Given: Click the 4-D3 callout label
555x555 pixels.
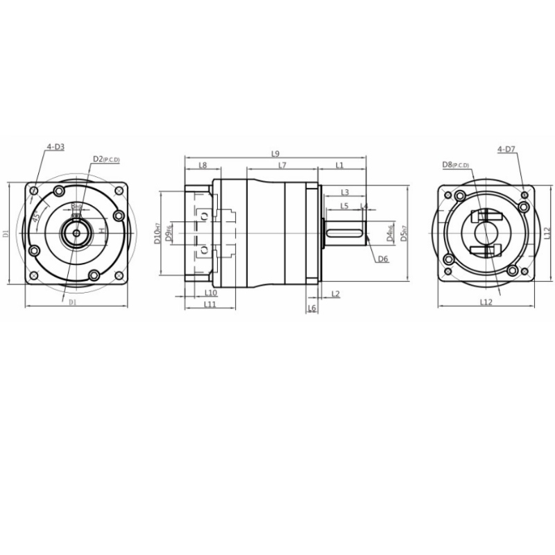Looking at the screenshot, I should pyautogui.click(x=55, y=147).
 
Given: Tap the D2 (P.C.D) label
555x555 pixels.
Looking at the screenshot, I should pyautogui.click(x=106, y=160).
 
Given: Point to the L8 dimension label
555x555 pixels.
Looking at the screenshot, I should pyautogui.click(x=203, y=165).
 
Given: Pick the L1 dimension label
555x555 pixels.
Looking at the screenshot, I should pyautogui.click(x=339, y=165).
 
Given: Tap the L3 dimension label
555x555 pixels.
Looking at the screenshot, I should pyautogui.click(x=344, y=192).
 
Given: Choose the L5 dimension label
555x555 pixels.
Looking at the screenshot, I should pyautogui.click(x=344, y=206).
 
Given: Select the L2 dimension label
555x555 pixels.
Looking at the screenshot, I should pyautogui.click(x=336, y=294).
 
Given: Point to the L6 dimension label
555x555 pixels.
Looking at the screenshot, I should pyautogui.click(x=311, y=307).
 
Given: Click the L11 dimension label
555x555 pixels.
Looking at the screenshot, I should pyautogui.click(x=210, y=305).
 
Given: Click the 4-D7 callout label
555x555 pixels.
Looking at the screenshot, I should pyautogui.click(x=506, y=149).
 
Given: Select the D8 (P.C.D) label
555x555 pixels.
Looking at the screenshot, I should pyautogui.click(x=455, y=165).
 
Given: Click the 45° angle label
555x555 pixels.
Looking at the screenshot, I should pyautogui.click(x=35, y=216).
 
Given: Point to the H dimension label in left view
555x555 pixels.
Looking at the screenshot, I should pyautogui.click(x=101, y=230).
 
